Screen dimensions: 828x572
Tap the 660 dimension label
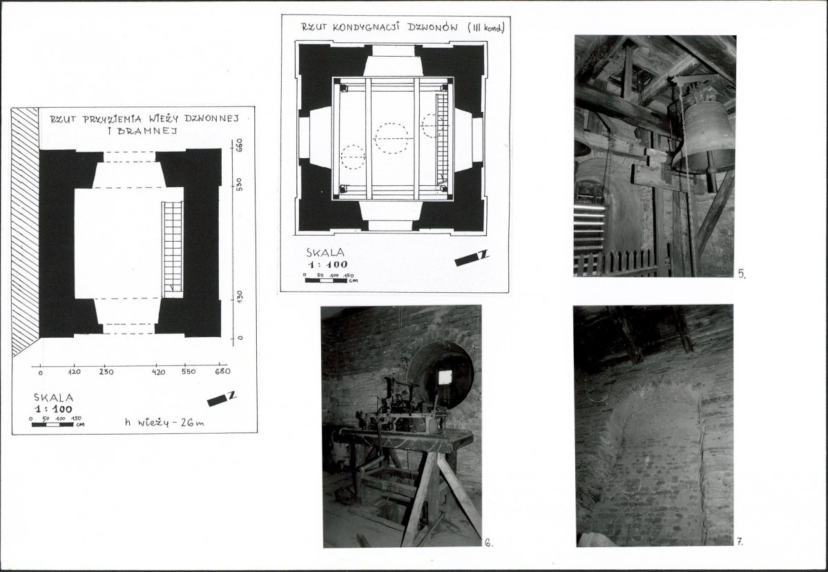click(239, 144)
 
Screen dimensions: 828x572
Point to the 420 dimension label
click(158, 372)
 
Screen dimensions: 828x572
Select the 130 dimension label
click(239, 296)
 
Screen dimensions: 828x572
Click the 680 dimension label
click(223, 371)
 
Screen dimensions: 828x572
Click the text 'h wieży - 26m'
click(164, 423)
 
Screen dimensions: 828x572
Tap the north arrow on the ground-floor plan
click(221, 399)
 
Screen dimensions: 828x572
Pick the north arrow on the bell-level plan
click(472, 258)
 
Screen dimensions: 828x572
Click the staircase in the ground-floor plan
click(172, 248)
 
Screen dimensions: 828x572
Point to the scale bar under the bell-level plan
click(325, 280)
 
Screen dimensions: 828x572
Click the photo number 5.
click(742, 274)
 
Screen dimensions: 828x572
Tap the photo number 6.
click(488, 542)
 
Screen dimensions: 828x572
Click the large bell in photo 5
click(706, 136)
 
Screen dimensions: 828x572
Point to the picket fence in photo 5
click(622, 263)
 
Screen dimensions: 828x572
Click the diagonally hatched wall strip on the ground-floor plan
click(26, 231)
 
